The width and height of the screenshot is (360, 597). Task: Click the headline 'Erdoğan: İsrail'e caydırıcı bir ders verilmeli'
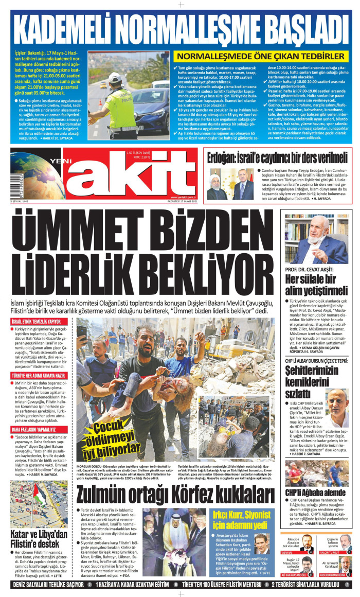point(278,157)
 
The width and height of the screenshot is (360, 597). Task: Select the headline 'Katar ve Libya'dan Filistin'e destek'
point(39,537)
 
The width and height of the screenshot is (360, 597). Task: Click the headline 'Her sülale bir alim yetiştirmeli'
point(316,284)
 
